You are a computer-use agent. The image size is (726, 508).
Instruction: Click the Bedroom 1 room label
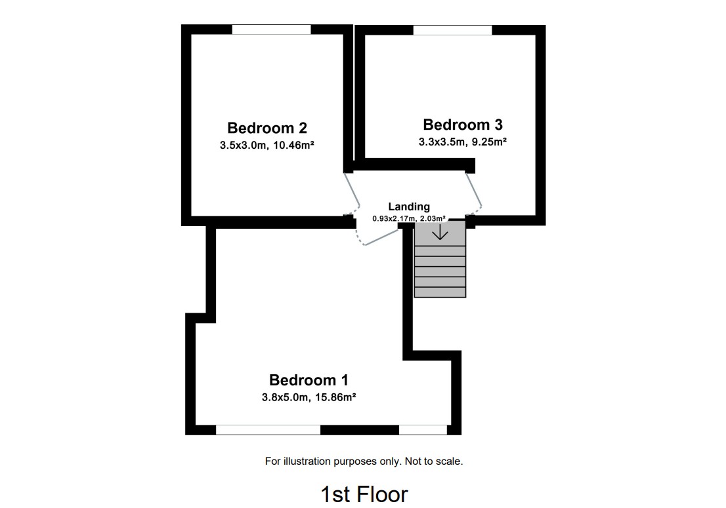[x=309, y=380]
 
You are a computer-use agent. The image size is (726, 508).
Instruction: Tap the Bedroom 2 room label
[x=267, y=128]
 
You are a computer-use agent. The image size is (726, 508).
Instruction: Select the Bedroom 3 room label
[x=463, y=125]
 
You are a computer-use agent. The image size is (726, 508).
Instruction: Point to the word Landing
[x=409, y=206]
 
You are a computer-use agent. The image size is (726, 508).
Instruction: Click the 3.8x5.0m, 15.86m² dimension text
[x=309, y=397]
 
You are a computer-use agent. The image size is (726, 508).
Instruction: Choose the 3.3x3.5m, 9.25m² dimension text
[x=462, y=142]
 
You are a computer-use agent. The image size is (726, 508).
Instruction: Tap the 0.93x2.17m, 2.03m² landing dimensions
[x=409, y=218]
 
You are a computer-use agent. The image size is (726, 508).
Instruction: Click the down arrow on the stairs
[x=440, y=231]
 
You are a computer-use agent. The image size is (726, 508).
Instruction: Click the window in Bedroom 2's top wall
[x=271, y=29]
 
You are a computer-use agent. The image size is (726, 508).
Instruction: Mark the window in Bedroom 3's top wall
[x=452, y=29]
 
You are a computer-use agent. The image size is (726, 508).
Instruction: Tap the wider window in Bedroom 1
[x=268, y=430]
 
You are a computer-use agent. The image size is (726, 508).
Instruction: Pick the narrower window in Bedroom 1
[x=423, y=430]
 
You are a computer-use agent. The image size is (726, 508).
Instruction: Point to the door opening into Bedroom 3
[x=474, y=191]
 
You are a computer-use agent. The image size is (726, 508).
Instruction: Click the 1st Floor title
[x=364, y=494]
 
